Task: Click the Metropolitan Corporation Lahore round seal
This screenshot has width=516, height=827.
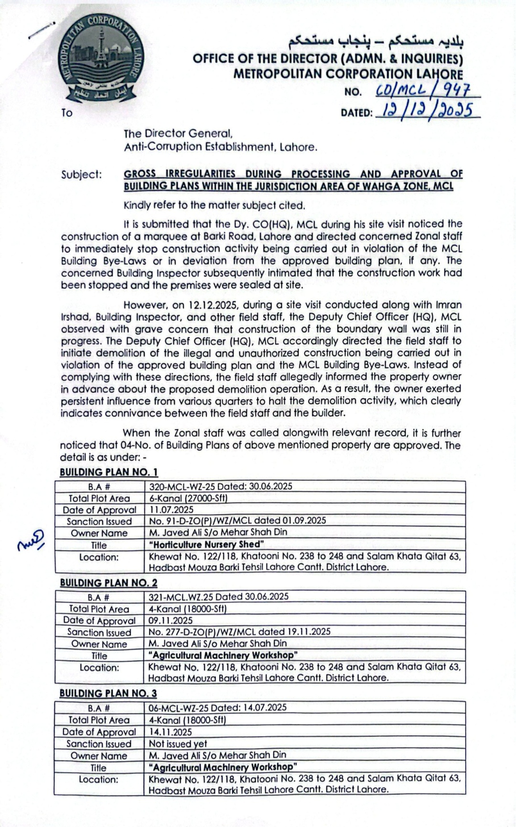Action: [x=100, y=56]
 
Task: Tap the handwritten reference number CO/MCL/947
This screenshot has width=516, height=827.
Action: [x=423, y=89]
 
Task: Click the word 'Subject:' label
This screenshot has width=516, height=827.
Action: [x=82, y=174]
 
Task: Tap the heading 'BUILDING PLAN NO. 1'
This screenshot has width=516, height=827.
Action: [x=109, y=472]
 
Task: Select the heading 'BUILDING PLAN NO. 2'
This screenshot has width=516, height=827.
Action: [x=109, y=583]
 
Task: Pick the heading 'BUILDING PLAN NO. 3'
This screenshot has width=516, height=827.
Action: [x=108, y=693]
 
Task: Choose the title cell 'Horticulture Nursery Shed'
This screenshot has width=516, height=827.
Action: [x=206, y=544]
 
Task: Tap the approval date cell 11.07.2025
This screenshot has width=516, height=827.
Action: [x=172, y=510]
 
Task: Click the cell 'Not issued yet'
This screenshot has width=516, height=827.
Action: [x=178, y=743]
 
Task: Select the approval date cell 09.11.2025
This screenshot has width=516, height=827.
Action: [x=171, y=620]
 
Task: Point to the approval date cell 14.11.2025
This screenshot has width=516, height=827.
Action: [x=171, y=732]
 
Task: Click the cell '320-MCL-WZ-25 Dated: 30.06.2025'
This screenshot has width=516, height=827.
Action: [x=221, y=487]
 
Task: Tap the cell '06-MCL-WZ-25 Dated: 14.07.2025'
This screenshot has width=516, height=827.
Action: [x=217, y=707]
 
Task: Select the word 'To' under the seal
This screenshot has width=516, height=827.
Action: [x=67, y=113]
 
